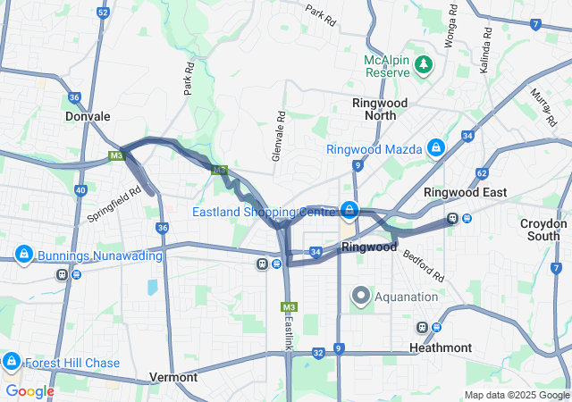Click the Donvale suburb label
click(88, 116)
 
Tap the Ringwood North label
click(380, 109)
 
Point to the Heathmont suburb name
click(441, 348)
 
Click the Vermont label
click(173, 377)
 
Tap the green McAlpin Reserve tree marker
click(424, 64)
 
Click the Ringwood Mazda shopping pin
click(435, 148)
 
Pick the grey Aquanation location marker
click(361, 295)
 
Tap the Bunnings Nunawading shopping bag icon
click(23, 255)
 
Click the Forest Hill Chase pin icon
click(12, 362)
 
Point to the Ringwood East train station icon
click(453, 218)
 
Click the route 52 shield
click(104, 13)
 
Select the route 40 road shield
click(80, 189)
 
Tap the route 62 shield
click(483, 173)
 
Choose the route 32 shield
click(318, 353)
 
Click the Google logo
click(29, 390)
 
